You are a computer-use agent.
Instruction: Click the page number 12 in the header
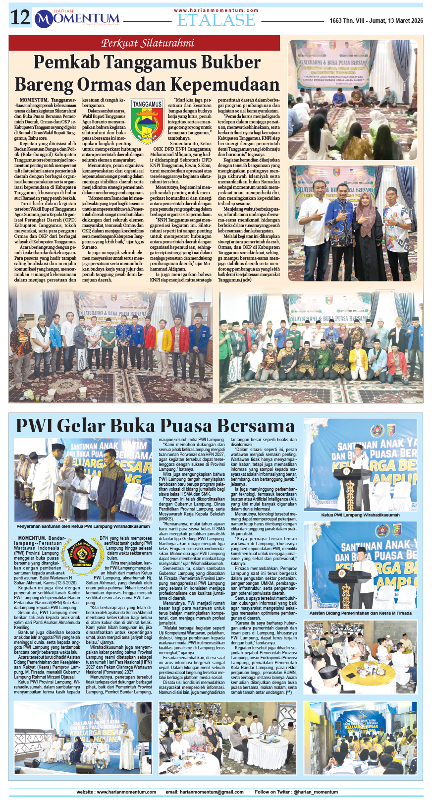(x=20, y=18)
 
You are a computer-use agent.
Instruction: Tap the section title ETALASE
(x=216, y=20)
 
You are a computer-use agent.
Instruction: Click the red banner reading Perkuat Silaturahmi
(x=148, y=43)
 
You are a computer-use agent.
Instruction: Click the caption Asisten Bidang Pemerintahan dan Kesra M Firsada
(x=360, y=613)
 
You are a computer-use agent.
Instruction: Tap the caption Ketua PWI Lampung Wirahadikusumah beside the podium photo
(x=360, y=515)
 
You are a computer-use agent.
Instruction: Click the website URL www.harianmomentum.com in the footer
(x=116, y=792)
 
